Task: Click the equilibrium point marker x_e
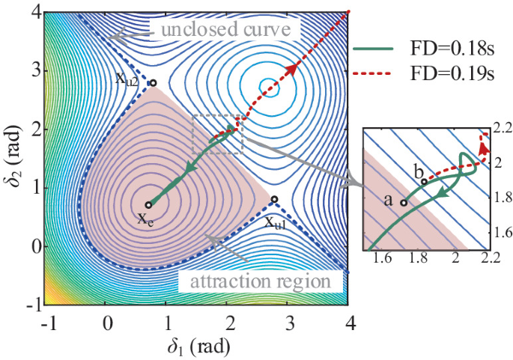[x=148, y=204]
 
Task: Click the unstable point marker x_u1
[x=275, y=199]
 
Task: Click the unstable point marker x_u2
[x=153, y=83]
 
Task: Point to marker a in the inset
[x=404, y=202]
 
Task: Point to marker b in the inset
[x=425, y=181]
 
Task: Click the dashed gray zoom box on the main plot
[x=217, y=135]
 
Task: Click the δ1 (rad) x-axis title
[x=197, y=348]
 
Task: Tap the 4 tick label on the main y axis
[x=35, y=13]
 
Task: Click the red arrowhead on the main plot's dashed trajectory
[x=288, y=70]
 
